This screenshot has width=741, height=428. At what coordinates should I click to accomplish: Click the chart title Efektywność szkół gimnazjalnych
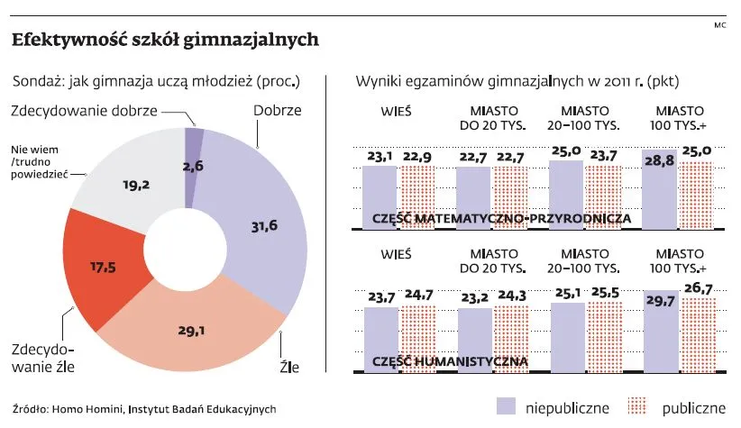pyautogui.click(x=164, y=41)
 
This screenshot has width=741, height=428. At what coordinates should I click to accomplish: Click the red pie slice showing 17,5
pyautogui.click(x=103, y=268)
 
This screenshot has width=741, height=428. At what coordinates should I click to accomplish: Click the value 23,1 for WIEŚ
pyautogui.click(x=380, y=157)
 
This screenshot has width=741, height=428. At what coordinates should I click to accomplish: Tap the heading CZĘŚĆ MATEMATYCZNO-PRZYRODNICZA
pyautogui.click(x=500, y=219)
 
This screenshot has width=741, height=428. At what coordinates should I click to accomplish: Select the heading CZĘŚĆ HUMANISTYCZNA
pyautogui.click(x=450, y=361)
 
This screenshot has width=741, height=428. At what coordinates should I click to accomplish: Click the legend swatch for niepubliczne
pyautogui.click(x=507, y=406)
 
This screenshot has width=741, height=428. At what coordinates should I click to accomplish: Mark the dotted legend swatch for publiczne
pyautogui.click(x=637, y=406)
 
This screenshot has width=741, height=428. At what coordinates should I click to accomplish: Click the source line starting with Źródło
pyautogui.click(x=144, y=408)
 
